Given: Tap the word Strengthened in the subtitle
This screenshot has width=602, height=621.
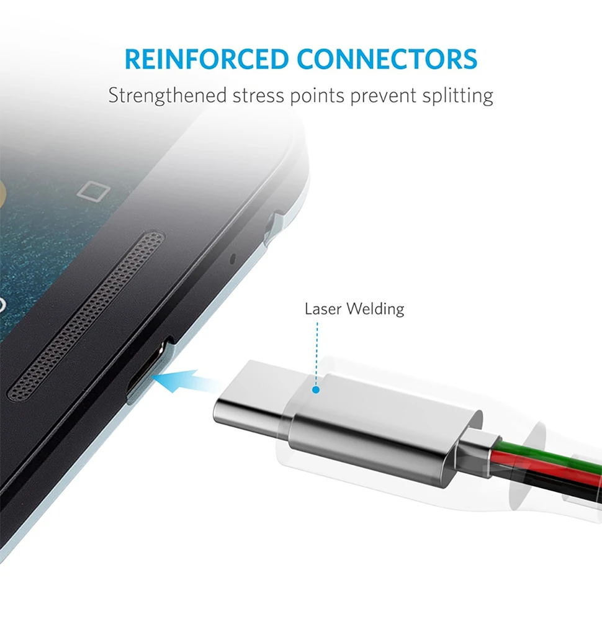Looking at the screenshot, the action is [x=166, y=96].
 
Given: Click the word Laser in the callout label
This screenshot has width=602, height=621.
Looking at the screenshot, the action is [x=323, y=309].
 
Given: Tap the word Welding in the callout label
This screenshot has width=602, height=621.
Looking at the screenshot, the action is [x=375, y=309].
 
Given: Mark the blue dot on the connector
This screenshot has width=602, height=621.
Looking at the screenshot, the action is [x=316, y=391].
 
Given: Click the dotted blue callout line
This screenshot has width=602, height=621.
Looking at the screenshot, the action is [x=316, y=354].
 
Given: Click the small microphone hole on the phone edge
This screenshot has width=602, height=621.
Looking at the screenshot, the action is [x=232, y=258].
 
